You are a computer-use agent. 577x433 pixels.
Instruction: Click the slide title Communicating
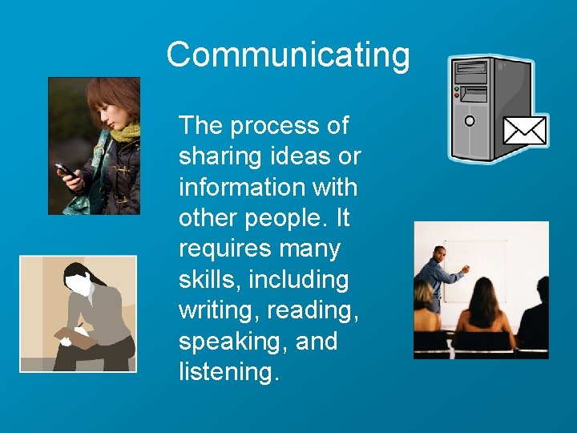pyautogui.click(x=288, y=55)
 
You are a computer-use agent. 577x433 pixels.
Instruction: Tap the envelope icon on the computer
pyautogui.click(x=525, y=130)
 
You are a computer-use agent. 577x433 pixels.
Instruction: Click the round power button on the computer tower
pyautogui.click(x=470, y=121)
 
